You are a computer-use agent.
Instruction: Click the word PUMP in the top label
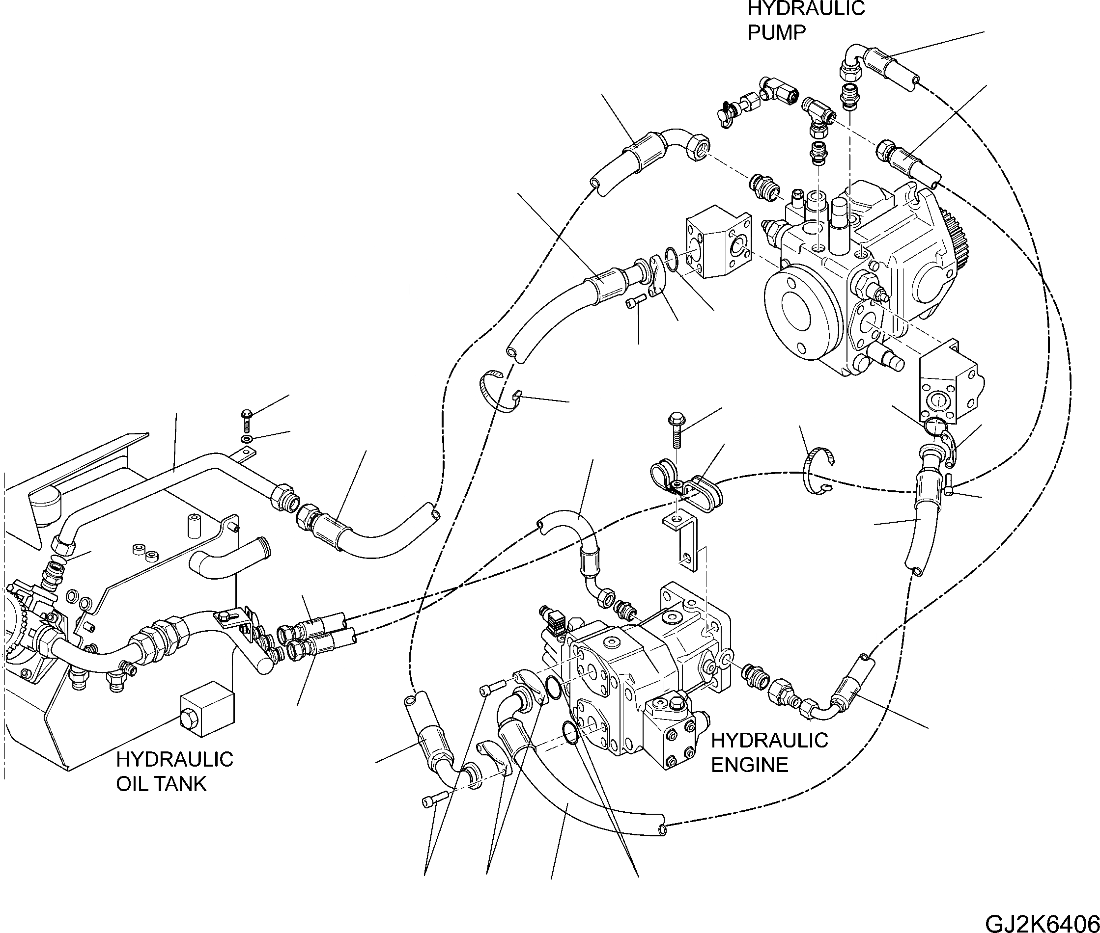tap(777, 33)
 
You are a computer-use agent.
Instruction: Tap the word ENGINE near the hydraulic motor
tap(749, 765)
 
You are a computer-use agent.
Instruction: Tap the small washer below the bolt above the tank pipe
tap(246, 440)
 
